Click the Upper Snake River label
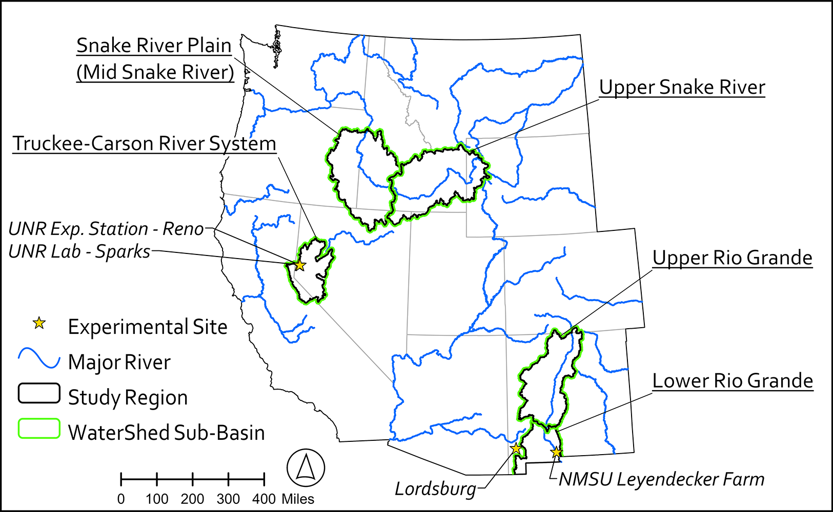click(x=682, y=88)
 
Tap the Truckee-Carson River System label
click(x=145, y=144)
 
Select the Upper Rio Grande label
click(x=732, y=258)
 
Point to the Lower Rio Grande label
click(x=733, y=381)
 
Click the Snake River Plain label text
click(x=154, y=46)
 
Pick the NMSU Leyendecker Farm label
click(x=661, y=480)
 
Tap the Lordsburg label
click(x=435, y=489)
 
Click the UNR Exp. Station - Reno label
click(x=106, y=229)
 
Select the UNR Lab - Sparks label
click(x=79, y=252)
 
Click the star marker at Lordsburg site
click(x=516, y=449)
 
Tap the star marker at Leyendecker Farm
click(x=556, y=452)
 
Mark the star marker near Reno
click(x=300, y=265)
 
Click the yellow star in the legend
click(x=39, y=323)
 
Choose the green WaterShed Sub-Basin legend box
click(x=39, y=429)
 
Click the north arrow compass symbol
click(x=306, y=467)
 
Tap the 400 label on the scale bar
click(x=264, y=499)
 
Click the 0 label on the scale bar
click(x=121, y=499)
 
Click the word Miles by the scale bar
click(x=298, y=499)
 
